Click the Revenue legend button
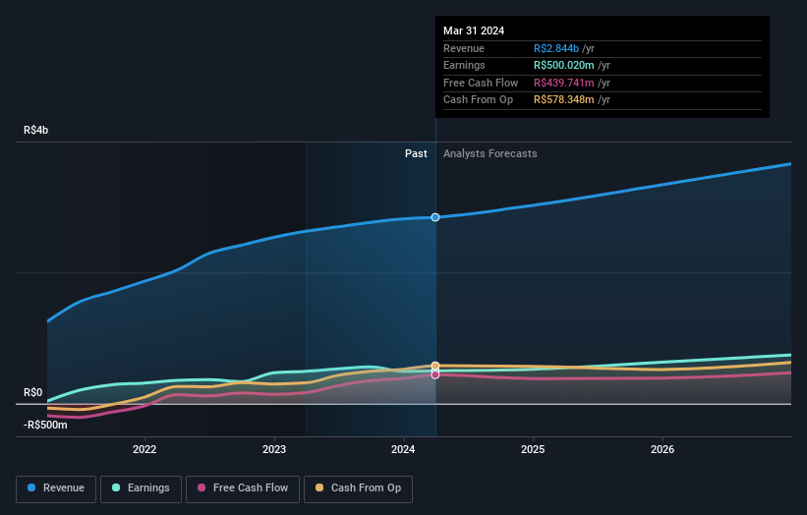click(57, 487)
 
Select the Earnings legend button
click(141, 487)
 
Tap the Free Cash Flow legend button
click(242, 487)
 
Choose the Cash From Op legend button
click(359, 487)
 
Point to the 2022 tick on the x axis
click(144, 450)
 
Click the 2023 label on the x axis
click(274, 450)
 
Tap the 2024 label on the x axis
click(403, 450)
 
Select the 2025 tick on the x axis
click(533, 450)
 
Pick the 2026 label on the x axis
click(663, 450)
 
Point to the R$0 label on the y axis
click(33, 392)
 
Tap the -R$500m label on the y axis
click(45, 425)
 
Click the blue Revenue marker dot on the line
click(435, 217)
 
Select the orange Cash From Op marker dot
click(435, 366)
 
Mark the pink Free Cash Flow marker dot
click(435, 374)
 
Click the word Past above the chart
click(416, 153)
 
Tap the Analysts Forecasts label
click(490, 153)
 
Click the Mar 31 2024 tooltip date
click(474, 30)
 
